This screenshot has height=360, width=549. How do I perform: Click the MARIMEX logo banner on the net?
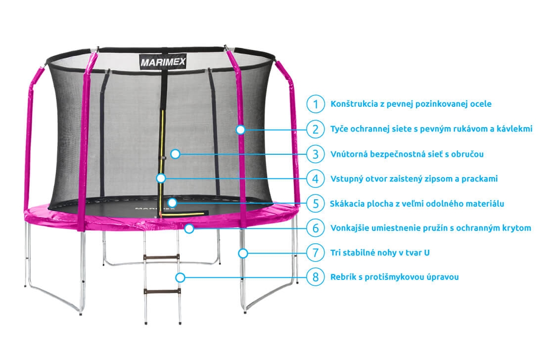point(163,62)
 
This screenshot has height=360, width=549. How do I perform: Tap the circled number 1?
point(316,104)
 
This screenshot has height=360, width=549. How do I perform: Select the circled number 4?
point(316,179)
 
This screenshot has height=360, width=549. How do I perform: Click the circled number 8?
point(316,277)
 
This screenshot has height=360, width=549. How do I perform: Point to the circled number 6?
point(316,228)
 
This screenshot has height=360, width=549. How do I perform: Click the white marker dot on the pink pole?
point(240,130)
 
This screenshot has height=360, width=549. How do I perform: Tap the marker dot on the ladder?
point(180,278)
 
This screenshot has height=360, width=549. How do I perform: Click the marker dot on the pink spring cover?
point(189,228)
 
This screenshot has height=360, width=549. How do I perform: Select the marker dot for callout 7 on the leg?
point(243,253)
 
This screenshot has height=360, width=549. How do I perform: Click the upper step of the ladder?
point(161,258)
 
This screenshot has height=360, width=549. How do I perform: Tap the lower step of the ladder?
point(162,291)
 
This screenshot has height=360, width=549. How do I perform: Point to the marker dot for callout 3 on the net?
point(175,154)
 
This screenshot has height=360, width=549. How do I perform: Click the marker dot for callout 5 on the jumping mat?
point(172,202)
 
